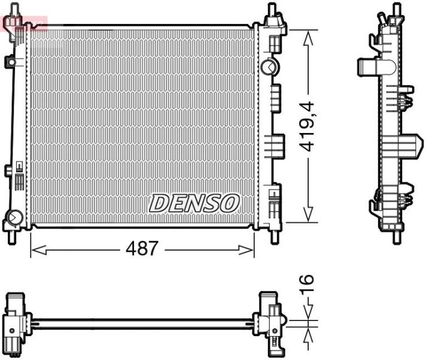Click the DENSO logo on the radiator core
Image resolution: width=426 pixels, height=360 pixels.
pyautogui.click(x=194, y=203)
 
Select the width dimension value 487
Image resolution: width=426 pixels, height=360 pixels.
pyautogui.click(x=142, y=249)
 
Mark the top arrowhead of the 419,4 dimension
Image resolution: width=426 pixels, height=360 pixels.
pyautogui.click(x=308, y=37)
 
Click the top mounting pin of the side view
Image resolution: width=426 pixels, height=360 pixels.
pyautogui.click(x=395, y=10)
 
